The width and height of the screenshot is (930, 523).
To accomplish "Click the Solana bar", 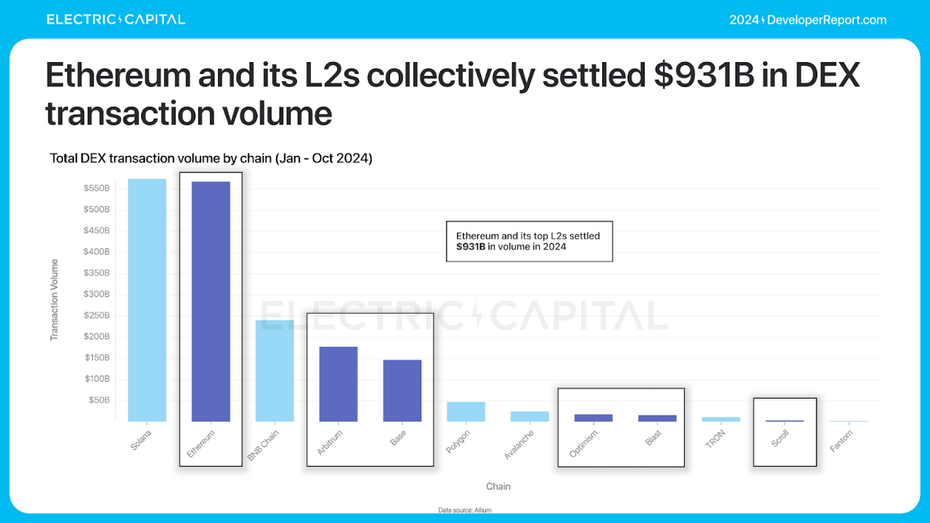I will pos(147,300).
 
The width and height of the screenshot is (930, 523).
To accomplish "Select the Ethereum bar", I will pos(211,301).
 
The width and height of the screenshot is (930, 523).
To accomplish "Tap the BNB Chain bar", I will pos(274,371).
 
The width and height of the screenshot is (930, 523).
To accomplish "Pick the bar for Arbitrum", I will pos(338,384).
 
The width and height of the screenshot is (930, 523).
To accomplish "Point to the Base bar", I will pos(402,391).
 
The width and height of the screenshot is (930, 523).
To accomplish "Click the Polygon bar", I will pos(466,412).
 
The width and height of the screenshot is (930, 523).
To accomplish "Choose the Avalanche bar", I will pos(530,416).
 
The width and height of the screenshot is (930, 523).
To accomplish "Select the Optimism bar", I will pos(593,418).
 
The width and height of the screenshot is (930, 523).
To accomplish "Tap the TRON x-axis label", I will pos(715,440).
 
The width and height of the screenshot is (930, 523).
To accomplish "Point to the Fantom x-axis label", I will pos(841,441).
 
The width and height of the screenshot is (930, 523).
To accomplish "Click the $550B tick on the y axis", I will pos(95,188).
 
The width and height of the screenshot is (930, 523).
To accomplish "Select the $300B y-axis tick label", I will pos(95,294).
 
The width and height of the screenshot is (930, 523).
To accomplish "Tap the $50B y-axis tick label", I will pos(99,400).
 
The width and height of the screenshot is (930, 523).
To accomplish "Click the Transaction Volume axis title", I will pos(54,299).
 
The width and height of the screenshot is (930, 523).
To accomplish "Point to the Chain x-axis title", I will pos(498,486).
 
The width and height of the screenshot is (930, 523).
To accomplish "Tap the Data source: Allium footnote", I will pos(465,510).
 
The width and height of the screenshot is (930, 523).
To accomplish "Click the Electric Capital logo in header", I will pos(116,20).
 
